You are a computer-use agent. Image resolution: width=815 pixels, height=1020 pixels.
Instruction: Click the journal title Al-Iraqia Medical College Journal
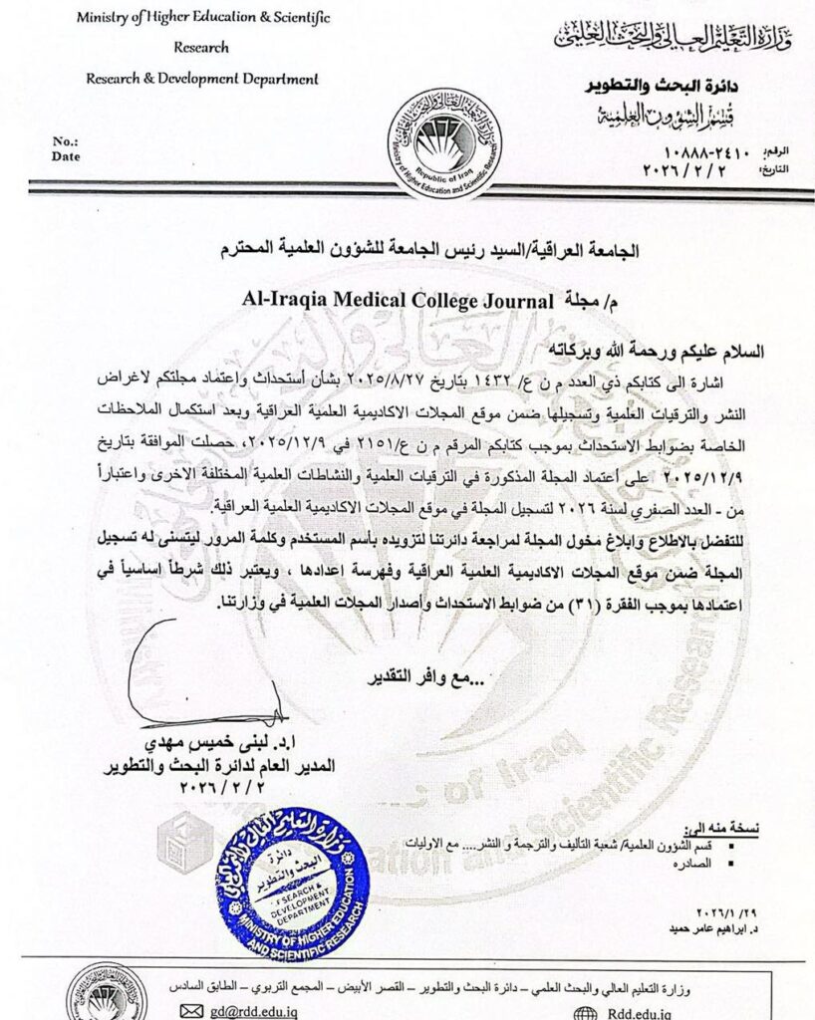pos(397,297)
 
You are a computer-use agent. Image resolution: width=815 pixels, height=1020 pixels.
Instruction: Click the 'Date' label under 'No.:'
pos(64,156)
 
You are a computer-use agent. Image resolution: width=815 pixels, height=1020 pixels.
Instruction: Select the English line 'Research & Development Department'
pos(202,79)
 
